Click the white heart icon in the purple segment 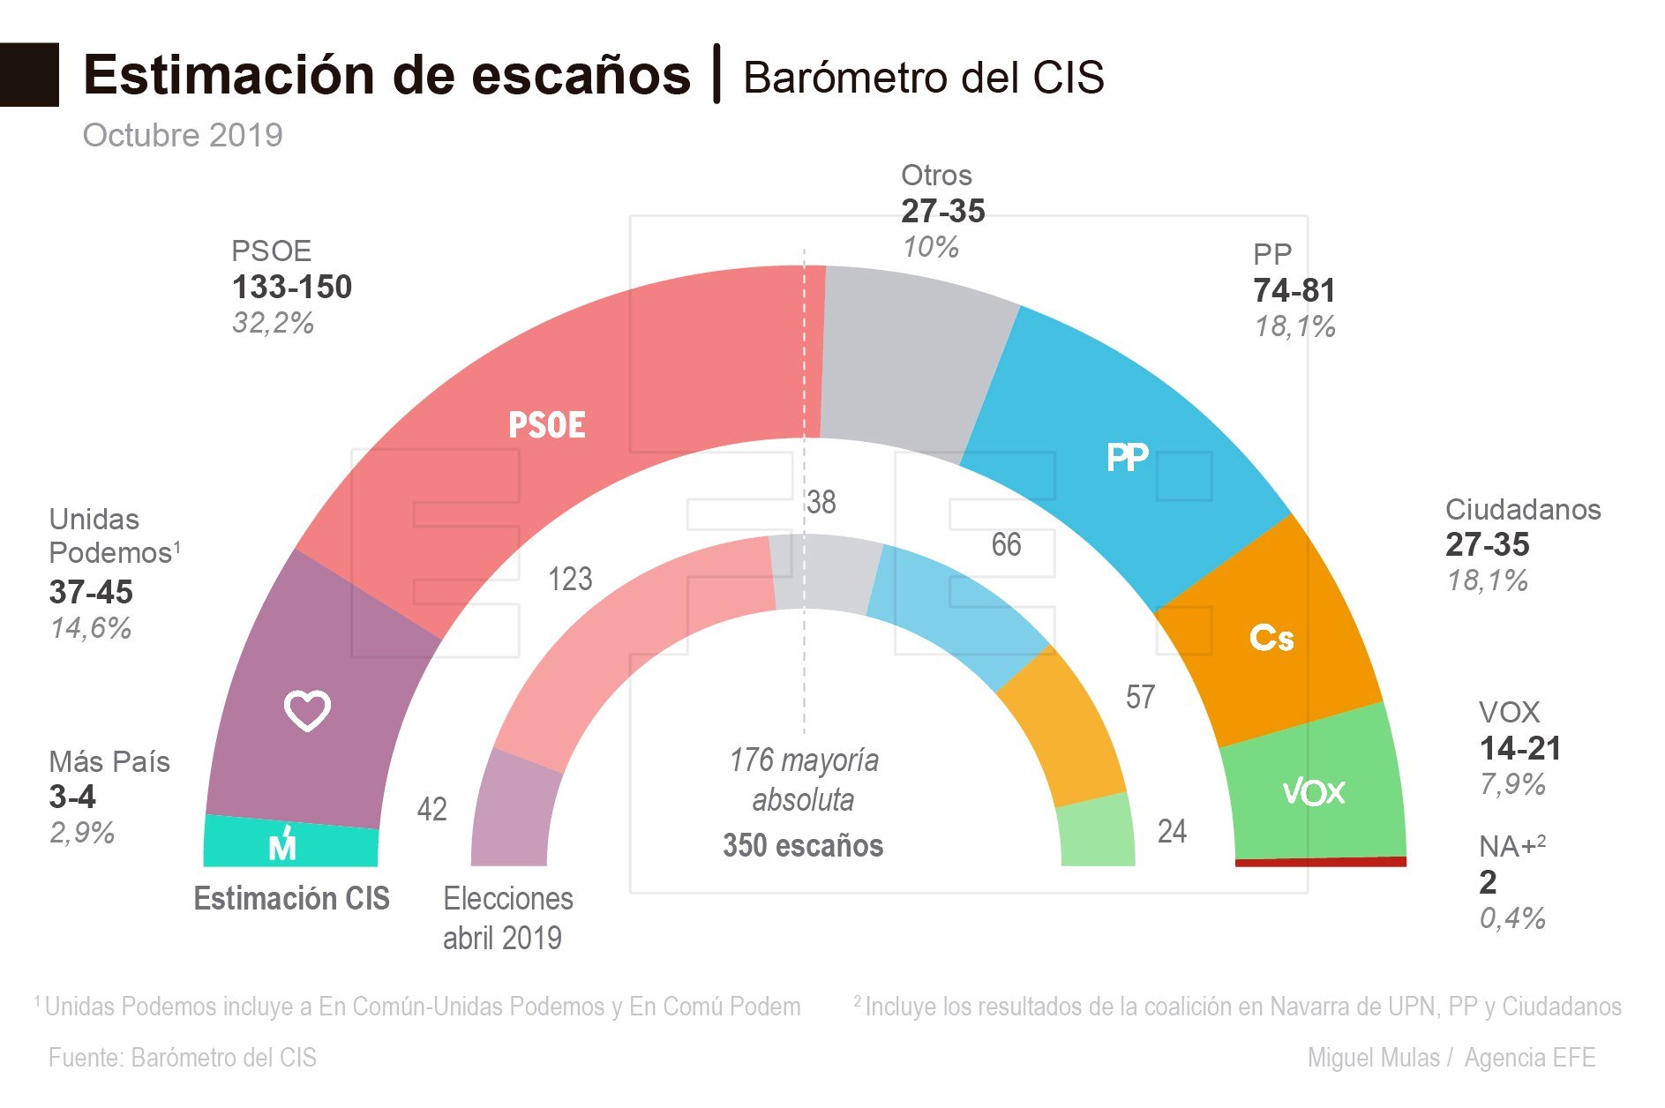307,710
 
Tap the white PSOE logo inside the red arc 546,425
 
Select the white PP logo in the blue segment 1127,458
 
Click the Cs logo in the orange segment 1271,638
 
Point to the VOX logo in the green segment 1313,792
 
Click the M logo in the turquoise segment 282,846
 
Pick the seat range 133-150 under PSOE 291,288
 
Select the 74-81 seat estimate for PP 1294,291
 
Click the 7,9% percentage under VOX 1511,784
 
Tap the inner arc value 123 570,580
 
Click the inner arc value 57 1139,698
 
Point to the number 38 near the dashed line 821,503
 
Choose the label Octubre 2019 183,135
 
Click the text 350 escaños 802,845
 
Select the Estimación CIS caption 291,898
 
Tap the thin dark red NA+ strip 1320,862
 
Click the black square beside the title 29,75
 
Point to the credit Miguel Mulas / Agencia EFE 1451,1058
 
